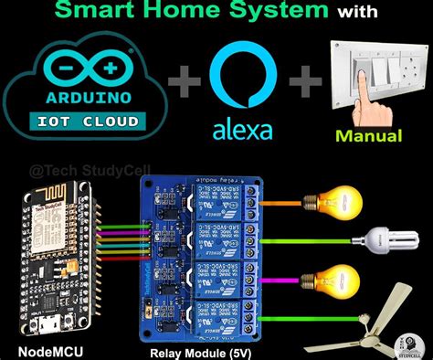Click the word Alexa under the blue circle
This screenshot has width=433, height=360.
[242, 129]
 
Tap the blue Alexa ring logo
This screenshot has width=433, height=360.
[242, 78]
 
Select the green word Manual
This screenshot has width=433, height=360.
[369, 136]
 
